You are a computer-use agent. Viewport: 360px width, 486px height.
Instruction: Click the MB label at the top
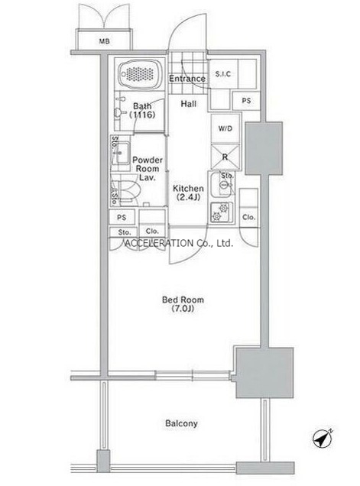tap(104, 41)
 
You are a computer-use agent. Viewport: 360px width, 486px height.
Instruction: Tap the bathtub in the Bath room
tap(141, 74)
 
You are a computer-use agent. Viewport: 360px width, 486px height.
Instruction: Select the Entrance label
tap(187, 79)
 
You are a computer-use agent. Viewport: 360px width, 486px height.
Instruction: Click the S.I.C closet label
tap(223, 74)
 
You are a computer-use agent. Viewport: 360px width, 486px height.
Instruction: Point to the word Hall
tap(189, 103)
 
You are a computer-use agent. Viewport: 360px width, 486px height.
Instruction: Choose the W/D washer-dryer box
tap(225, 128)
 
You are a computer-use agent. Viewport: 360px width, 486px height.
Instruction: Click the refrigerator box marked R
tap(225, 157)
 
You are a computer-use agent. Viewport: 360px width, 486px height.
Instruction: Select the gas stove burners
tap(222, 212)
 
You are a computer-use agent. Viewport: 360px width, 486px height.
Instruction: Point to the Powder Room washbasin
tap(122, 153)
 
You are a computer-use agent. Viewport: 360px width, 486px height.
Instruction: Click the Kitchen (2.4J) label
tap(188, 193)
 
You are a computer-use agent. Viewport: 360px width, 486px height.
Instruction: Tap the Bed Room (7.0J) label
tap(183, 304)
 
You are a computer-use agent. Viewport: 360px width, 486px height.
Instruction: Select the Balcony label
tap(181, 423)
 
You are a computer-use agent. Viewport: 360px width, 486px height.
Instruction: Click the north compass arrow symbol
tap(323, 439)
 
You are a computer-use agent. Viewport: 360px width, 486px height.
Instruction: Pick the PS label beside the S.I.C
tap(247, 101)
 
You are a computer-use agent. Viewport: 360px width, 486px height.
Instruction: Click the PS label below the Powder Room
tap(122, 218)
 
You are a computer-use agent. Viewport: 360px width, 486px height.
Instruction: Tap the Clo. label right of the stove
tap(248, 217)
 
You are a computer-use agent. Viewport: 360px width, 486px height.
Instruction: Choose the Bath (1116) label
tap(142, 110)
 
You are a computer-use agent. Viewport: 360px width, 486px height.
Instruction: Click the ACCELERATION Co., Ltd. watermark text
tap(178, 243)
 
